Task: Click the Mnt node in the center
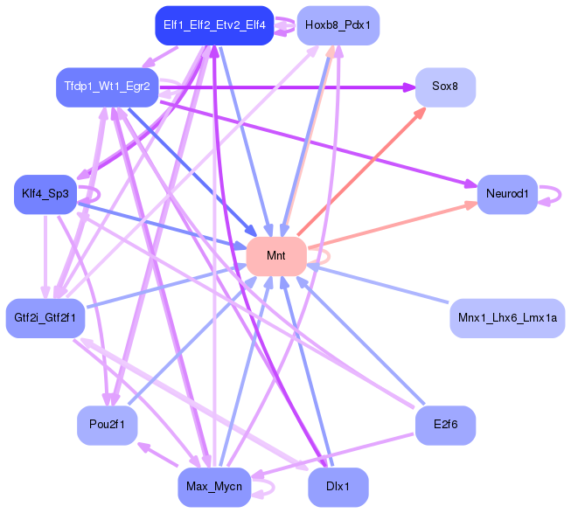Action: click(276, 256)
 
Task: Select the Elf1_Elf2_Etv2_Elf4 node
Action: click(214, 25)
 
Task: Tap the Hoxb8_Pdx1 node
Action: click(338, 25)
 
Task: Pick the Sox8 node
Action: click(445, 87)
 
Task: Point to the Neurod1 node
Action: click(507, 194)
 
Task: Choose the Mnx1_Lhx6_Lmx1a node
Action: click(507, 318)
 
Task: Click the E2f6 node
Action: click(445, 426)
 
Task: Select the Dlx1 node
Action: click(338, 487)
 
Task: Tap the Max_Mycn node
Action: click(214, 487)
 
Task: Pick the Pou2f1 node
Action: click(108, 426)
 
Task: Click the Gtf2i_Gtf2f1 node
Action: click(45, 318)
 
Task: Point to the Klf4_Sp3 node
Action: click(45, 194)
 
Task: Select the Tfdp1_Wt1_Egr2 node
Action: click(108, 87)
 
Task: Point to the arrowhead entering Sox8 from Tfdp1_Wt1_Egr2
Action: click(409, 87)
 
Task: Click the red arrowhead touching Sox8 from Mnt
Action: click(421, 112)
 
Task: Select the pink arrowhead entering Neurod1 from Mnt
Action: click(471, 205)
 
